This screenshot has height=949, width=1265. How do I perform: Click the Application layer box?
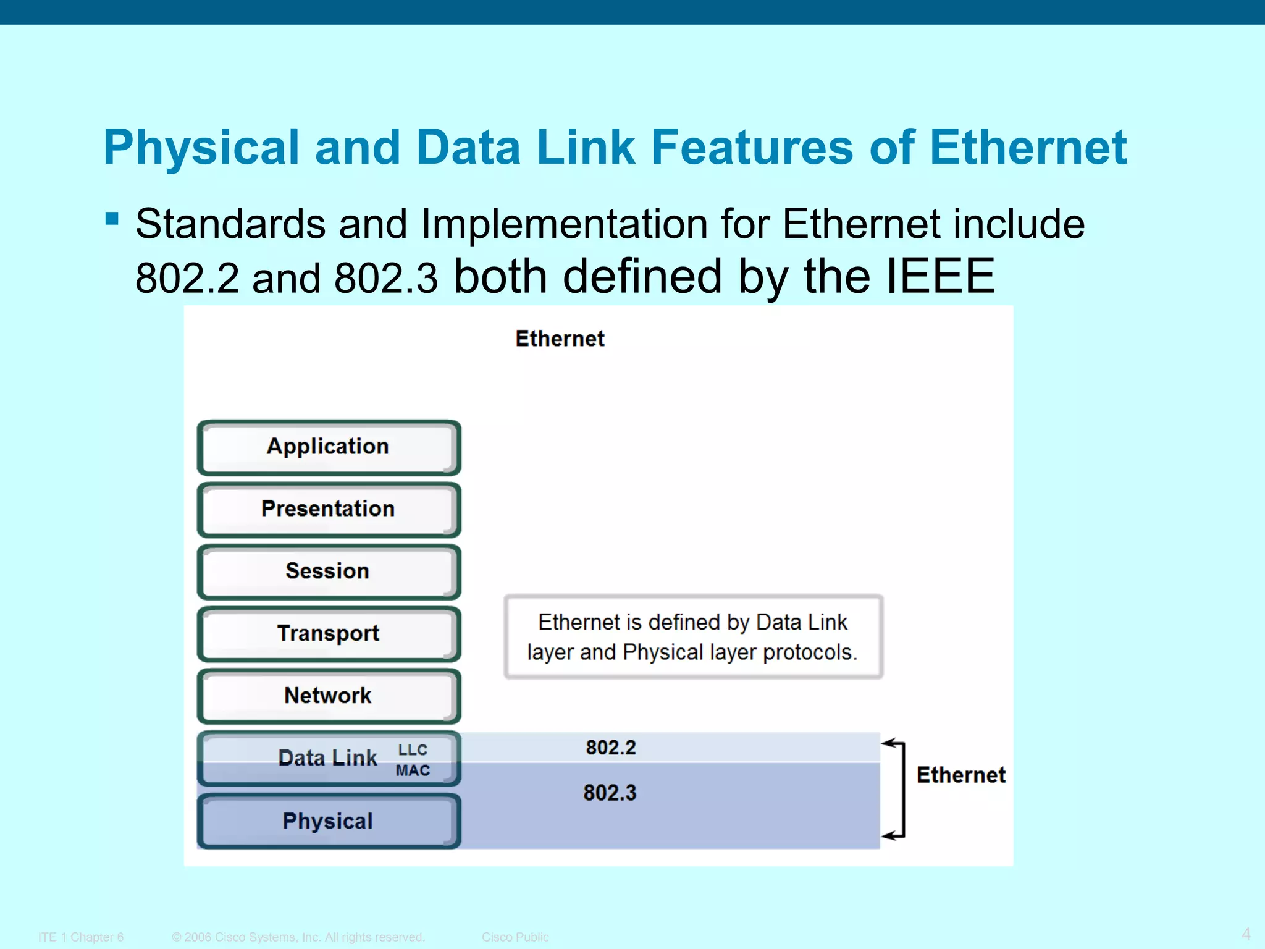(329, 447)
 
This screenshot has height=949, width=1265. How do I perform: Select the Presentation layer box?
(329, 510)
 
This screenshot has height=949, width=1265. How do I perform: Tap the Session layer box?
(329, 572)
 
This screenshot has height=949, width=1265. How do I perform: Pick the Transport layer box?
(329, 634)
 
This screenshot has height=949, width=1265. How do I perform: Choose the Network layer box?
(329, 696)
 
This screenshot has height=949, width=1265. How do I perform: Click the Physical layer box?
(329, 821)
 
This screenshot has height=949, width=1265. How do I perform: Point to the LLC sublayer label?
(413, 750)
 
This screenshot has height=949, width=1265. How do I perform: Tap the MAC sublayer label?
(413, 770)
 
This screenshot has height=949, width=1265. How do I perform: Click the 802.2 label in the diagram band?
(611, 748)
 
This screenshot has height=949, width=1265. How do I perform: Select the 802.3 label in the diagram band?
(610, 793)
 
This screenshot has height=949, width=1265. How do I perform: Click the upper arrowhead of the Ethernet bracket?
(888, 743)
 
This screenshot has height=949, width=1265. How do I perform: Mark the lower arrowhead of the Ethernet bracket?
(888, 837)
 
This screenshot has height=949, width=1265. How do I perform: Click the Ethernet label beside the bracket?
(960, 775)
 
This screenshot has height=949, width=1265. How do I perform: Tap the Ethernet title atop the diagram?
(560, 339)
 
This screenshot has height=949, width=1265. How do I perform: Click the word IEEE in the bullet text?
(940, 276)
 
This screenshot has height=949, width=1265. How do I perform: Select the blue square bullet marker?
(112, 219)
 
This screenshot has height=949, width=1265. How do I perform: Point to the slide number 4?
(1246, 934)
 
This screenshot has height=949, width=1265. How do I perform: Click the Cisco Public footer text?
(515, 937)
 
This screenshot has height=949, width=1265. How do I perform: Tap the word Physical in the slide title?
(201, 148)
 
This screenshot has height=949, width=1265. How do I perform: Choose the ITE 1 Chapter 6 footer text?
(81, 937)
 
